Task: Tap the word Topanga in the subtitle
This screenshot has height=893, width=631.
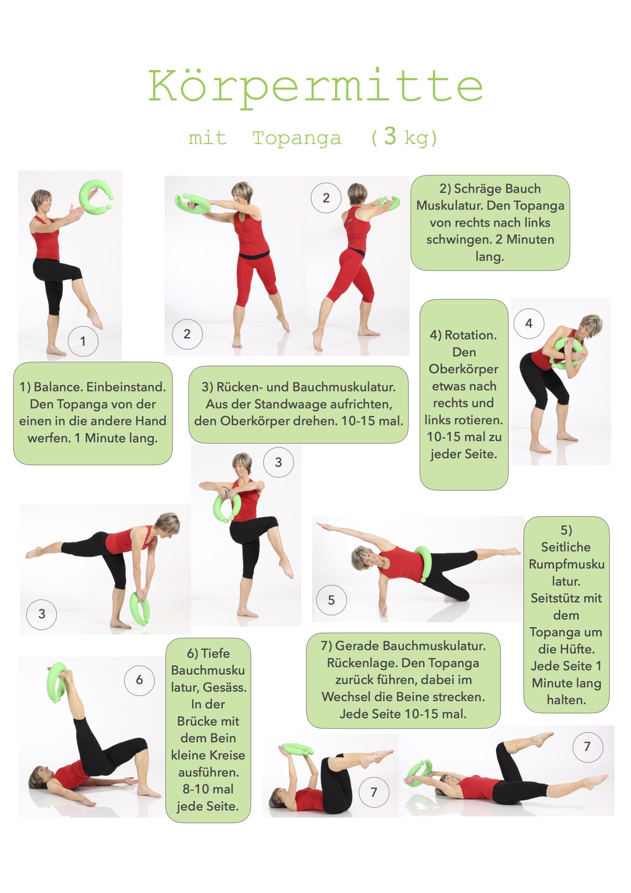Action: click(297, 138)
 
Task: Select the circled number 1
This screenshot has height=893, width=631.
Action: click(83, 342)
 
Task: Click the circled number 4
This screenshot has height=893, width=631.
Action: click(529, 323)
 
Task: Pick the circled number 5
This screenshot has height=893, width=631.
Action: click(331, 600)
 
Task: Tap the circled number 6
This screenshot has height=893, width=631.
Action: click(139, 680)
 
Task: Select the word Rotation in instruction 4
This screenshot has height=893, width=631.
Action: click(471, 335)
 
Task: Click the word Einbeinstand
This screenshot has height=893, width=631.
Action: click(126, 387)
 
